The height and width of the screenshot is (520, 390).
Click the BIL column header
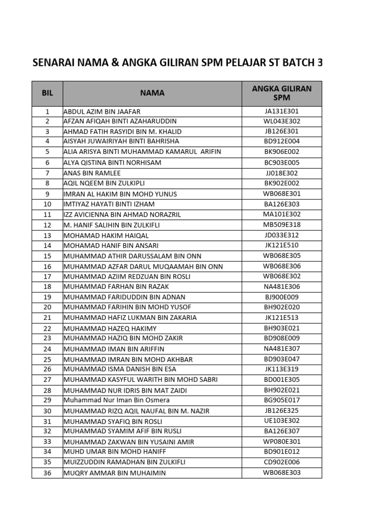click(47, 93)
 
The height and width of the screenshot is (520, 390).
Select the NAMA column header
click(152, 93)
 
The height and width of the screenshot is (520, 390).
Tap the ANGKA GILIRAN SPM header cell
click(281, 93)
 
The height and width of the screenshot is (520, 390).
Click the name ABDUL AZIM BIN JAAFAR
click(102, 111)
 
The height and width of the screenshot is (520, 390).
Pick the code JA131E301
click(281, 111)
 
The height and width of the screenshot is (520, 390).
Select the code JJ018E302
click(281, 173)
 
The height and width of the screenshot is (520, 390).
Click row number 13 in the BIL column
click(47, 236)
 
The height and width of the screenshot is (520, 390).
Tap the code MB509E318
click(281, 225)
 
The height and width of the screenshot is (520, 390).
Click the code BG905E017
click(281, 401)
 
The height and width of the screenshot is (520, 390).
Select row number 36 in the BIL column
click(47, 473)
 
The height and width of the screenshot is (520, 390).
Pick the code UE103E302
click(281, 421)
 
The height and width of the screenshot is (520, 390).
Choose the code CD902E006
click(281, 462)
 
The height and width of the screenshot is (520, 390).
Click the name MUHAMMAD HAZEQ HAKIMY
click(110, 329)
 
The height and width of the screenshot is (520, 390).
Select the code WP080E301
click(281, 442)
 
